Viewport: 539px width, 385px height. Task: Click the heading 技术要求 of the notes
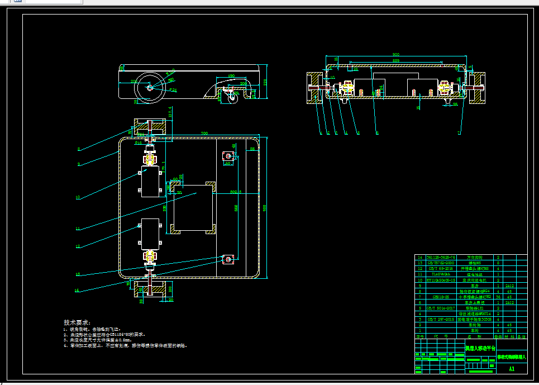click(77, 323)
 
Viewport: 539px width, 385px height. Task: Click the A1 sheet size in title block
click(511, 369)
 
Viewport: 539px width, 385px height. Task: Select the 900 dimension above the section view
click(396, 55)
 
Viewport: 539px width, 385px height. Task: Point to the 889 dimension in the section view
click(396, 60)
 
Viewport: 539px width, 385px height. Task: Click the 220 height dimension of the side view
click(266, 82)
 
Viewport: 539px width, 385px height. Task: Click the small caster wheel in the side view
click(231, 98)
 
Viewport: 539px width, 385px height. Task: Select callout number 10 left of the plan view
click(78, 197)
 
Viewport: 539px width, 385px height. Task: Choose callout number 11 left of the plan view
click(78, 229)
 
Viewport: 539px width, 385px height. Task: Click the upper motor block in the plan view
click(150, 181)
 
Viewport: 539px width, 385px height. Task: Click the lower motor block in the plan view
click(150, 234)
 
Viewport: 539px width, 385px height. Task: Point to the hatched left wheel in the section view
click(313, 88)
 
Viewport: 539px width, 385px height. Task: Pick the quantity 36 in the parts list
click(498, 297)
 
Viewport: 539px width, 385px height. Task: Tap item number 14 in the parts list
click(420, 258)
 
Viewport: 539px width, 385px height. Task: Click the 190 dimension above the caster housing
click(231, 77)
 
